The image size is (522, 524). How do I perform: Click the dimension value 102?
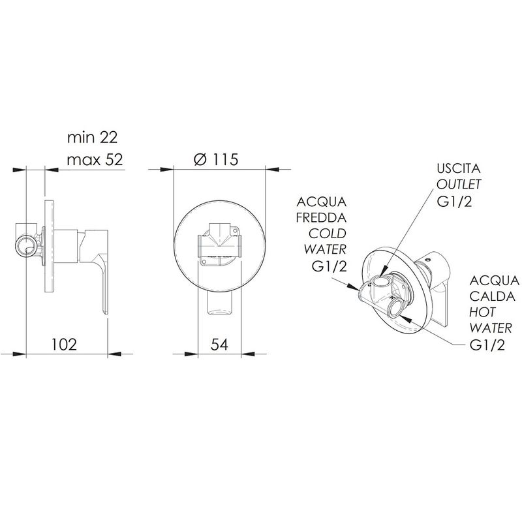point(64,344)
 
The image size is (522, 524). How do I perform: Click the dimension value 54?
point(219,344)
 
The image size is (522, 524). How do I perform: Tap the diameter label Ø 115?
point(216,159)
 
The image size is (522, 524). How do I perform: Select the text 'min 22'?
point(92,137)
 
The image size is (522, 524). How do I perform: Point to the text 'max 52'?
point(95,160)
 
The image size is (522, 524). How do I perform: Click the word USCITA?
point(459,168)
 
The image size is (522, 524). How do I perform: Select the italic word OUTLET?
point(459,184)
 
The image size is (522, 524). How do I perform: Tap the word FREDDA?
point(321,218)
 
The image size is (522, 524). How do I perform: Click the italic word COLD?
point(327,234)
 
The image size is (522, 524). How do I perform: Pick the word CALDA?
point(492,296)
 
